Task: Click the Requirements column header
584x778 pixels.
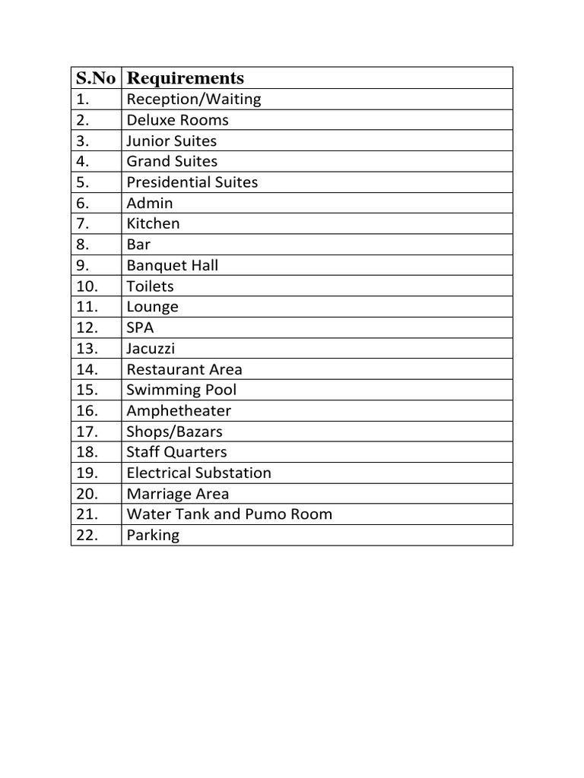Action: [x=186, y=78]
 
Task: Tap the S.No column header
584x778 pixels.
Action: [x=96, y=78]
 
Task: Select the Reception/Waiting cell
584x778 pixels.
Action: [x=193, y=100]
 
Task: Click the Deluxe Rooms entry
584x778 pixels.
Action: [x=177, y=120]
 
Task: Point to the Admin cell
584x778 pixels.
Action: [x=150, y=203]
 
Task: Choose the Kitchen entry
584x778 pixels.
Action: [x=153, y=223]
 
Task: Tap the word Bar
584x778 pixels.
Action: [x=138, y=245]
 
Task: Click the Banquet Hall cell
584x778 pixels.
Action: [x=172, y=265]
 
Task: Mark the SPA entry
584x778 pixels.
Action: [x=140, y=327]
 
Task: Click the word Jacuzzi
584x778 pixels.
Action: [x=151, y=349]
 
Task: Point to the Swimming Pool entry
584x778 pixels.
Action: [x=181, y=390]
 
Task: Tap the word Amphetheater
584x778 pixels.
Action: [x=179, y=411]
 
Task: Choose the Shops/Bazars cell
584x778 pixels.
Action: [x=174, y=432]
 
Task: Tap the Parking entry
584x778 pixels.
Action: [x=153, y=535]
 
